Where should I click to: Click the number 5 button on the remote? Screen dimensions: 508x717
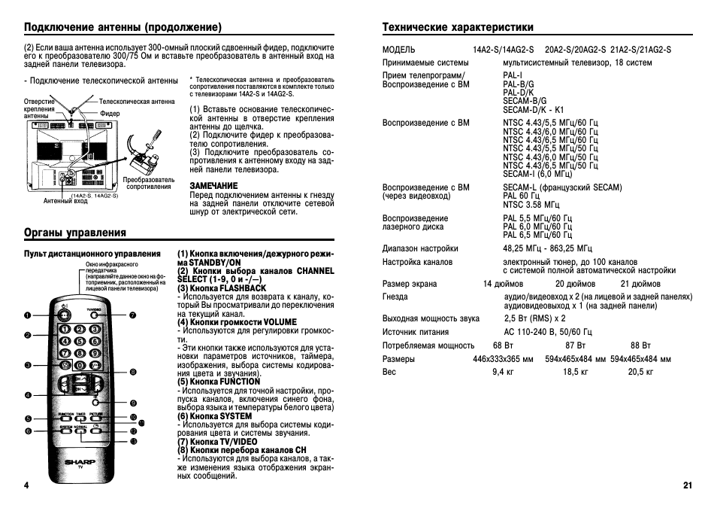pos(80,341)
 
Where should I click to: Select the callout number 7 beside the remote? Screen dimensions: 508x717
pos(132,314)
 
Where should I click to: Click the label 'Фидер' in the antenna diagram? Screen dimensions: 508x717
pos(110,114)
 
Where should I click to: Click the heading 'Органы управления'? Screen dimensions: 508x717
pos(75,233)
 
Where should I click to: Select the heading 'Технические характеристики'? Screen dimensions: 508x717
pos(458,27)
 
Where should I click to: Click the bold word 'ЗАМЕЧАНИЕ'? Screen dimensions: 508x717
pos(213,185)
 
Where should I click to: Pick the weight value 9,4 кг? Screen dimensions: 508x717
pos(503,372)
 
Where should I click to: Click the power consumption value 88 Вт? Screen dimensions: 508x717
pos(640,345)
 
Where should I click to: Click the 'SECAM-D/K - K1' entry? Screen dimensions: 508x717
pos(533,109)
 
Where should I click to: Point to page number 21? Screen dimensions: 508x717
pos(687,485)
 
